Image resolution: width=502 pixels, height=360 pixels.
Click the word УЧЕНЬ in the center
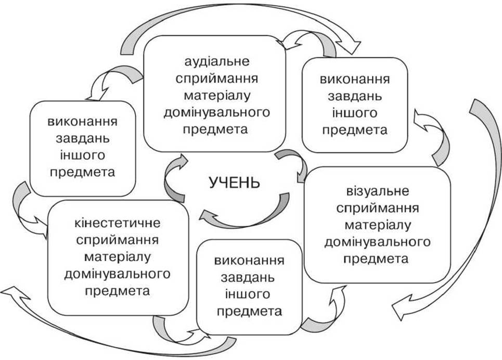[x=235, y=182]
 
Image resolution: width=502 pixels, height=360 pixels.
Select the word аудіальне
[x=217, y=61]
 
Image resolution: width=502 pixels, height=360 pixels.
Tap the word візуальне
[x=378, y=191]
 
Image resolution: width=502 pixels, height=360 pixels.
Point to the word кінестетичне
[x=118, y=223]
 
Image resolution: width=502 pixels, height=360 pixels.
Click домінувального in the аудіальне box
[x=217, y=112]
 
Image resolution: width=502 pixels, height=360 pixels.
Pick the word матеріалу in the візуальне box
[x=378, y=225]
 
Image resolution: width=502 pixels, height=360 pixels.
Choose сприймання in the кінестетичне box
[x=118, y=240]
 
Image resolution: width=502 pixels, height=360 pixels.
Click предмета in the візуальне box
[x=376, y=259]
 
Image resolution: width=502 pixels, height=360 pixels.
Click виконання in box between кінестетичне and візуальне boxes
[x=249, y=261]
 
